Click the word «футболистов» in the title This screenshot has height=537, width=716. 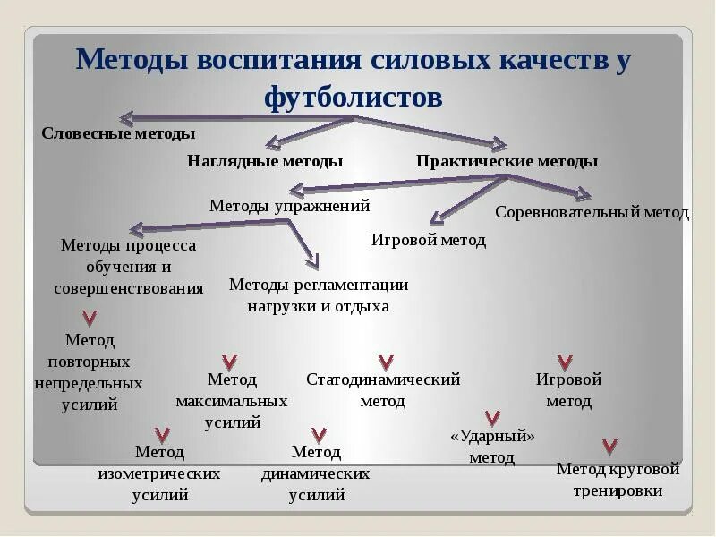pyautogui.click(x=353, y=96)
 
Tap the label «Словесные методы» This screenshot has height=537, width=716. pyautogui.click(x=118, y=133)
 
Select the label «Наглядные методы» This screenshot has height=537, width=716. pyautogui.click(x=265, y=161)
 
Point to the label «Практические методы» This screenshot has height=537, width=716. pyautogui.click(x=507, y=161)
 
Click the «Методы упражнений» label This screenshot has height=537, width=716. pyautogui.click(x=289, y=206)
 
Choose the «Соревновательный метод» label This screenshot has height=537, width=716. pyautogui.click(x=592, y=213)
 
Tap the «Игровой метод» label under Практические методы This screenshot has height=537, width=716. pyautogui.click(x=429, y=240)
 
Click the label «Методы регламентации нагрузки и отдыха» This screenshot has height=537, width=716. pyautogui.click(x=319, y=295)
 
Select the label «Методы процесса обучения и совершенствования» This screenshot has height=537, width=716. pyautogui.click(x=128, y=267)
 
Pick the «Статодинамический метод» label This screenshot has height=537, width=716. pyautogui.click(x=383, y=390)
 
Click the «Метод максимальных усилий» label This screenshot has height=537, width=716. pyautogui.click(x=232, y=401)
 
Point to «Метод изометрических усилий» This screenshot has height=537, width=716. pyautogui.click(x=159, y=473)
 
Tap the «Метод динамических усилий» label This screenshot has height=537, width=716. pyautogui.click(x=316, y=473)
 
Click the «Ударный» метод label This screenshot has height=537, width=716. pyautogui.click(x=492, y=447)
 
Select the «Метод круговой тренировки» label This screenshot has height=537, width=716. pyautogui.click(x=618, y=480)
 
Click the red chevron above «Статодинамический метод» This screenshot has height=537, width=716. pyautogui.click(x=386, y=362)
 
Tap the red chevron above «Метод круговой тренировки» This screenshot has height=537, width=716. pyautogui.click(x=609, y=446)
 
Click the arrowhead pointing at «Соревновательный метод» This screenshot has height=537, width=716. pyautogui.click(x=584, y=193)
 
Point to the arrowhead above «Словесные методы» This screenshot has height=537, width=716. pyautogui.click(x=126, y=117)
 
